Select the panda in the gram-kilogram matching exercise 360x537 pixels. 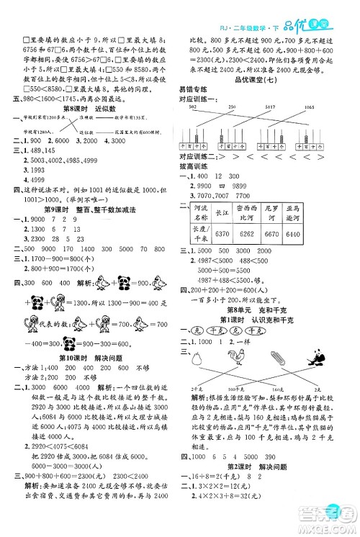point(317,358)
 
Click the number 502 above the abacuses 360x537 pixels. point(192,107)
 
